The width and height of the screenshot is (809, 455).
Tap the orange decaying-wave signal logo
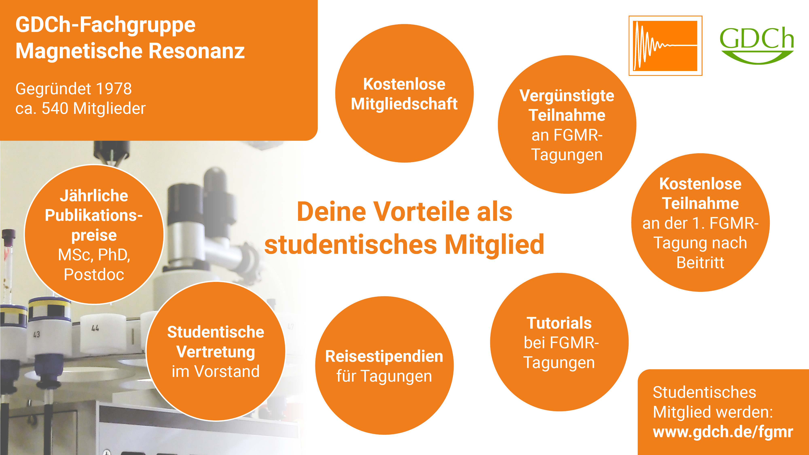(x=665, y=45)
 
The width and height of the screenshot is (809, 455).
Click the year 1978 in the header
(x=114, y=89)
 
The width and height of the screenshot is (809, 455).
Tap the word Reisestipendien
(x=384, y=356)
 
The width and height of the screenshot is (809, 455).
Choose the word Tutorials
(x=559, y=323)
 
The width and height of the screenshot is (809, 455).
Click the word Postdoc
(x=94, y=274)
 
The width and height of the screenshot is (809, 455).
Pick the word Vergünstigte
(x=567, y=96)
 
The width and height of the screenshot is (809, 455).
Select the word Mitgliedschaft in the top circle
(x=404, y=104)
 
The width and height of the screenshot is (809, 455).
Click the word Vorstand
(x=227, y=371)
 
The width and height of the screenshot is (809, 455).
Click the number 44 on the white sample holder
(x=95, y=328)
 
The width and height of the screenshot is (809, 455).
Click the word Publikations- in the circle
(x=94, y=215)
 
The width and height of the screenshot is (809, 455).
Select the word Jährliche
(x=94, y=195)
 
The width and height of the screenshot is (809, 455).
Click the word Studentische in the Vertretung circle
(x=216, y=332)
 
